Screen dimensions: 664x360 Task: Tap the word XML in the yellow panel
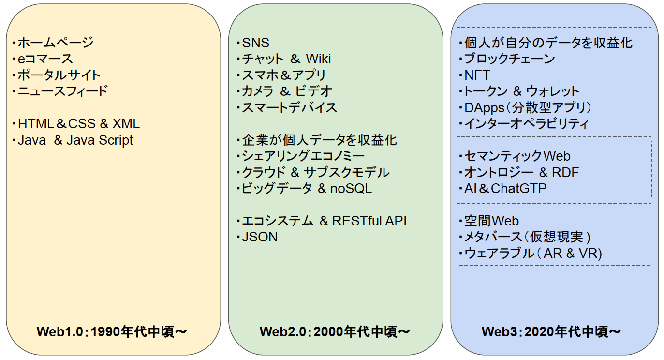[x=126, y=124]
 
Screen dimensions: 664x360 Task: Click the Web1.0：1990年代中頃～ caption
[x=112, y=331]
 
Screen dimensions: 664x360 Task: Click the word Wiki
[x=318, y=59]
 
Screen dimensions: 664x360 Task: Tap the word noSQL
[x=351, y=189]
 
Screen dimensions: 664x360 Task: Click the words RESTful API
[x=369, y=221]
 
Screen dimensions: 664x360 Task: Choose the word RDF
[x=565, y=172]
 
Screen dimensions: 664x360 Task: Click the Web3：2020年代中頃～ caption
[x=551, y=331]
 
